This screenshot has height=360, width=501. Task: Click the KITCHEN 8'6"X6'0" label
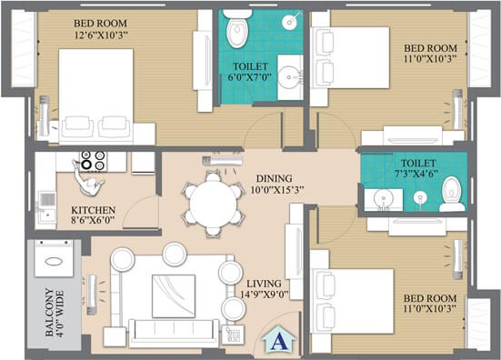pyautogui.click(x=94, y=215)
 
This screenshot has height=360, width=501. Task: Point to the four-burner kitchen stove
pyautogui.click(x=93, y=162)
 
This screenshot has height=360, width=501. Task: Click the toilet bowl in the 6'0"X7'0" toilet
pyautogui.click(x=236, y=32)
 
